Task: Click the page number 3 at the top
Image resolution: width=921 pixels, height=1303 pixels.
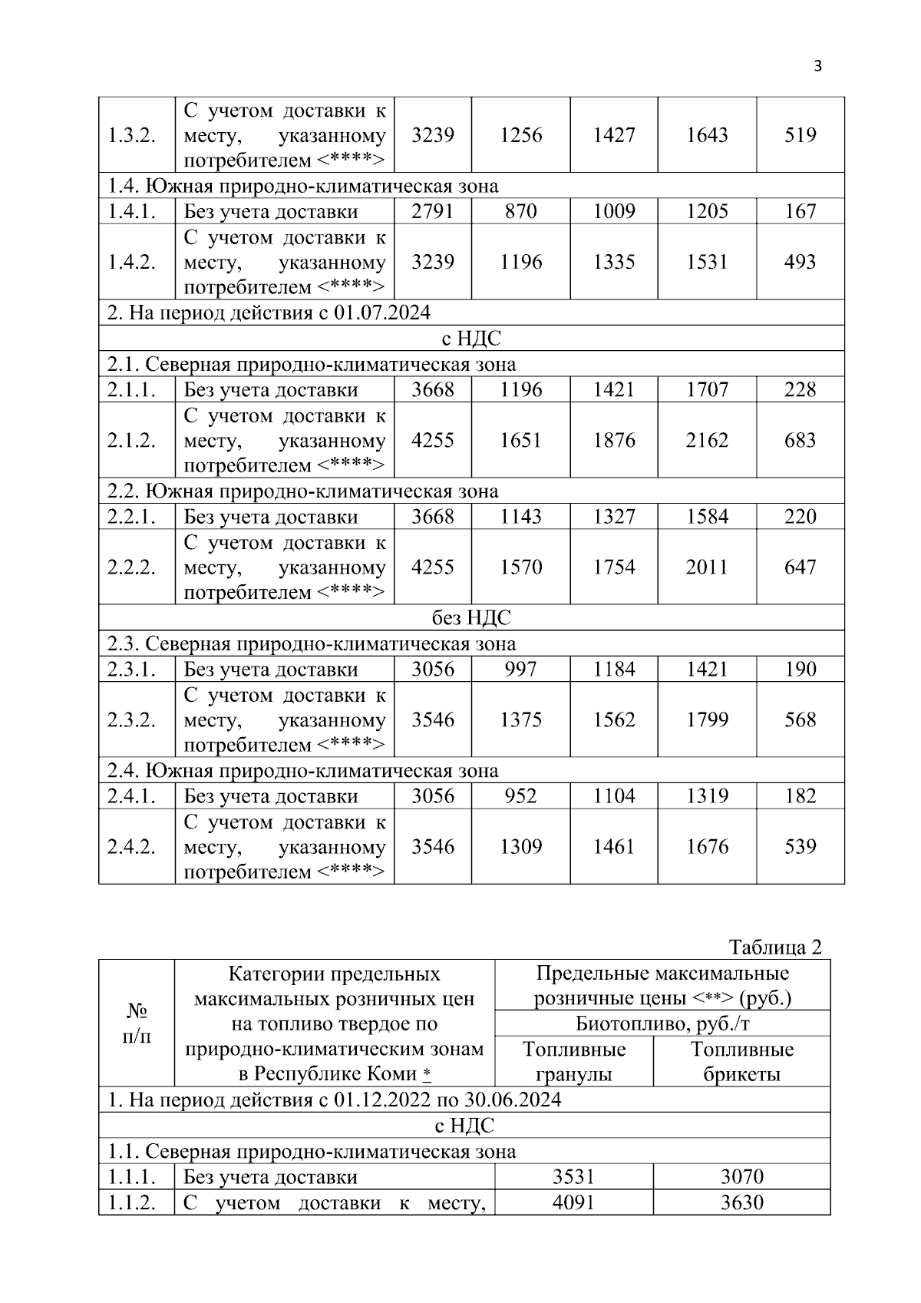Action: (x=817, y=66)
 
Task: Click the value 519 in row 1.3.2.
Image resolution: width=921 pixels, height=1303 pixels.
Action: (x=800, y=135)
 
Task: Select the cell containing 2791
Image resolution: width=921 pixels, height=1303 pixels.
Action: (x=432, y=211)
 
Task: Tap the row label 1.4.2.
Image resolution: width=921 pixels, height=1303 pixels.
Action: (x=131, y=262)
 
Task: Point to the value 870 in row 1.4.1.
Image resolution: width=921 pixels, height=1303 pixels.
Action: (x=520, y=211)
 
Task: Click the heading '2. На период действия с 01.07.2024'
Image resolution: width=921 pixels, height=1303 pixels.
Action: (x=269, y=313)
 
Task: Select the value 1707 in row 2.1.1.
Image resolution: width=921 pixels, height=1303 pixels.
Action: (x=706, y=389)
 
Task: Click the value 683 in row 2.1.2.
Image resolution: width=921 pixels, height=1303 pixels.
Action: (x=800, y=440)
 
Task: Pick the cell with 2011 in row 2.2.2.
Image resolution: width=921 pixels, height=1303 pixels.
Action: (x=706, y=567)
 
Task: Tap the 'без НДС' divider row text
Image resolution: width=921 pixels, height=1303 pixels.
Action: (x=471, y=618)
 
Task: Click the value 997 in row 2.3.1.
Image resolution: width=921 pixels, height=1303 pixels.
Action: (x=520, y=669)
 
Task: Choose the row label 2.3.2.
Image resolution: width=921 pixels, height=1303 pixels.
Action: (x=131, y=720)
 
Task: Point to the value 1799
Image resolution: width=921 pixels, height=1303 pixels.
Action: (x=706, y=720)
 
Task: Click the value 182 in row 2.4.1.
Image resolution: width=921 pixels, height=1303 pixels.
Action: (x=800, y=796)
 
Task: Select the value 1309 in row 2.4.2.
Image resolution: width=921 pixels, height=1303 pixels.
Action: (x=520, y=847)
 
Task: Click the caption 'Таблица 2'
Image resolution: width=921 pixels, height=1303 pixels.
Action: (x=774, y=947)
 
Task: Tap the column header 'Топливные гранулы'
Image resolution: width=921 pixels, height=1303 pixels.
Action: (x=574, y=1062)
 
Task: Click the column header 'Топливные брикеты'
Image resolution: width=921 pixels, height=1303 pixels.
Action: (x=741, y=1062)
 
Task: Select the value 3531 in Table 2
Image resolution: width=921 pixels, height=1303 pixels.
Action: (x=574, y=1176)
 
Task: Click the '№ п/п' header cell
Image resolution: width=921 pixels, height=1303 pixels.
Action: (x=137, y=1024)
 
